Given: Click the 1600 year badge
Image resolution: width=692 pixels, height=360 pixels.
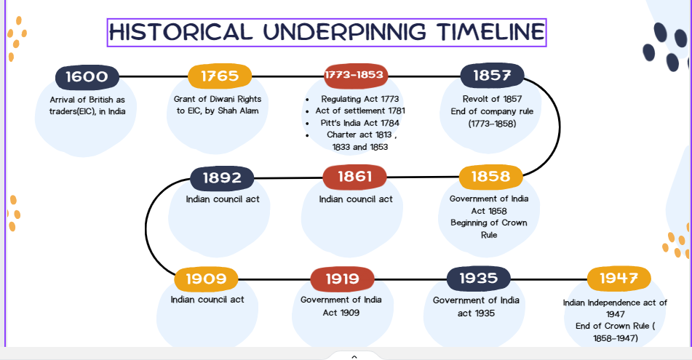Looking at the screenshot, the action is [x=87, y=77].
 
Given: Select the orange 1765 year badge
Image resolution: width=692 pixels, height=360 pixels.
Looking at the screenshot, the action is [x=220, y=76].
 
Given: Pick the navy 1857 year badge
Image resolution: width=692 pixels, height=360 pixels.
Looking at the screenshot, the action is [x=492, y=76].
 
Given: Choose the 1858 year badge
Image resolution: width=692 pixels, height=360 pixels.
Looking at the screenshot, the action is [x=490, y=177].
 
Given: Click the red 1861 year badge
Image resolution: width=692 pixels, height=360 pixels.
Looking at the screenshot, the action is [x=355, y=177].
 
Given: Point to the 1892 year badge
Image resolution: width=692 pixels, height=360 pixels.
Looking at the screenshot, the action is [x=222, y=178].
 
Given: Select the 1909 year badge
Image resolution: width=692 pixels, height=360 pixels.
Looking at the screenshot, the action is [x=206, y=279].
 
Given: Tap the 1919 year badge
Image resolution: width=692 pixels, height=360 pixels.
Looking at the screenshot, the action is [x=343, y=279].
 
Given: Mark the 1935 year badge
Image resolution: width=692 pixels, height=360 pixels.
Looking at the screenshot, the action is [x=478, y=279].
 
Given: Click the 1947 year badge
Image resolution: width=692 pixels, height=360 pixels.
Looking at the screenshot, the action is [x=619, y=279].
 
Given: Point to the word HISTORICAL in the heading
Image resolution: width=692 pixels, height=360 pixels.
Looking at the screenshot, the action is [x=181, y=32].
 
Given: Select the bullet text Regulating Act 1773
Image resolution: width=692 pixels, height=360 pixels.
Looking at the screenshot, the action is [x=359, y=99].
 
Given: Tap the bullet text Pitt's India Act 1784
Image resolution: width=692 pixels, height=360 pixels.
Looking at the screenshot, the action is [x=359, y=123].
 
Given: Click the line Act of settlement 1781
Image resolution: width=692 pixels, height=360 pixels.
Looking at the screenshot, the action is [x=360, y=111].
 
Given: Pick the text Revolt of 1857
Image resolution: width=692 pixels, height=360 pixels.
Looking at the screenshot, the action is [x=492, y=99].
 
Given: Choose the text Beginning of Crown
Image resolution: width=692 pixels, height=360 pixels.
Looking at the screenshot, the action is [x=488, y=223].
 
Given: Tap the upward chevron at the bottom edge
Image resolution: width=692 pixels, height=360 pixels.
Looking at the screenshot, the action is [x=354, y=357].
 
